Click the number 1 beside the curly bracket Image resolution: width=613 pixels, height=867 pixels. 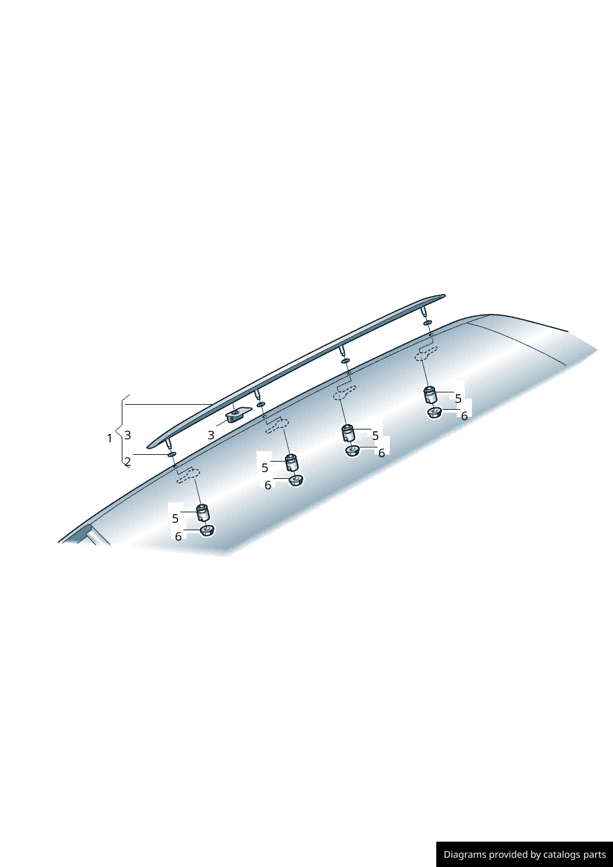pos(109,439)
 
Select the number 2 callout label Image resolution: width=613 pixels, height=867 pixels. pos(128,462)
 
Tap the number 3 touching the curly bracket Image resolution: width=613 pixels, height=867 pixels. pos(128,435)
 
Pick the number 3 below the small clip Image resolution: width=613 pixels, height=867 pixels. pos(211,435)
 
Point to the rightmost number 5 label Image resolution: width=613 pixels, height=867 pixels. pos(458,399)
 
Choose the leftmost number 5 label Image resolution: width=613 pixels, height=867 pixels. pos(175,518)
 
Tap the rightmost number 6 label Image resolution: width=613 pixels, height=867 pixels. pos(465,416)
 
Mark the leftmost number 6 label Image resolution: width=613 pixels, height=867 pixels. pos(179,536)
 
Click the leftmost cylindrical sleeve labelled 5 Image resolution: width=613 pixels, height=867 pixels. pos(203,513)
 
